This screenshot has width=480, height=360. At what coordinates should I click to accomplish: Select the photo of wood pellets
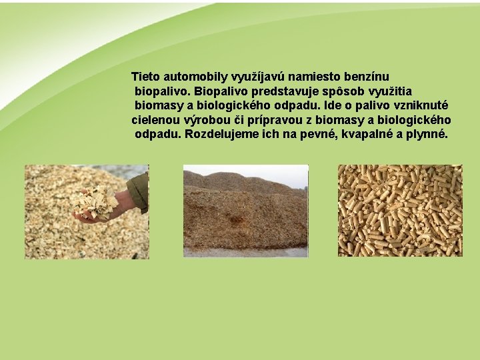point(399,211)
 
